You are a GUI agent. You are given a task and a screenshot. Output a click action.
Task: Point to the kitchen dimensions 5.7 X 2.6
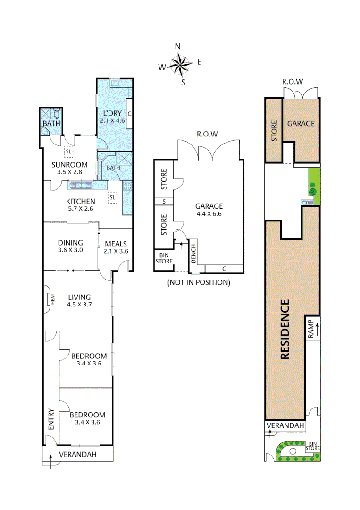pos(80,209)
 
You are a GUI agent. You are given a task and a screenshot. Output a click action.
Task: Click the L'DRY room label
pos(112,113)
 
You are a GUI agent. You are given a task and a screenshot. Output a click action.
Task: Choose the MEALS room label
pos(117,244)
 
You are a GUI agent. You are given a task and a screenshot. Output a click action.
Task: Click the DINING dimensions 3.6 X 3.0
pos(70,250)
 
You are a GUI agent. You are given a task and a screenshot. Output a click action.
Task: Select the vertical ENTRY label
pos(51,419)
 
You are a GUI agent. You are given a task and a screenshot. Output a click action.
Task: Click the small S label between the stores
pos(164,202)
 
